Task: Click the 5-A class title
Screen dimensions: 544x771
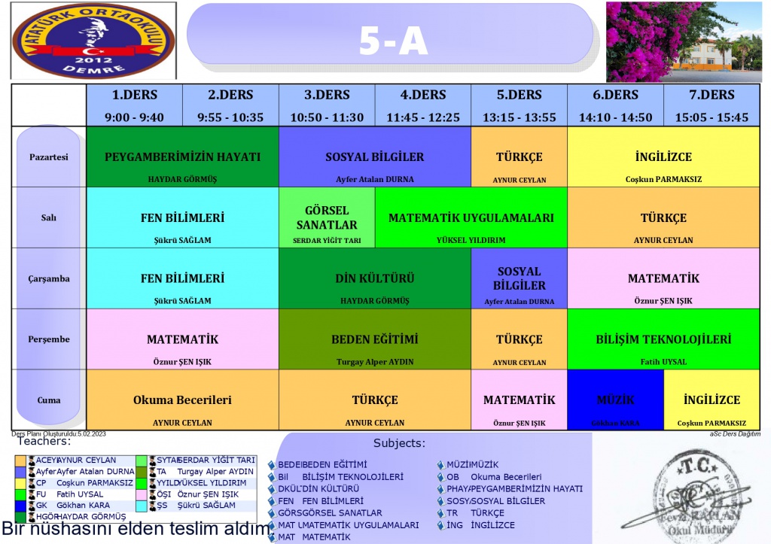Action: pyautogui.click(x=393, y=42)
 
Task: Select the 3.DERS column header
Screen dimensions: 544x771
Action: pyautogui.click(x=327, y=105)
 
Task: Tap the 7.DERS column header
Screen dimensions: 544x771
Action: pyautogui.click(x=712, y=105)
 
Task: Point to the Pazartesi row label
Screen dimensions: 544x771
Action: pyautogui.click(x=49, y=157)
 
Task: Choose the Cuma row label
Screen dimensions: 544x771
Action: pyautogui.click(x=49, y=400)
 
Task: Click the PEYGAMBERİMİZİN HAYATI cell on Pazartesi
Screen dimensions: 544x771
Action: pyautogui.click(x=183, y=157)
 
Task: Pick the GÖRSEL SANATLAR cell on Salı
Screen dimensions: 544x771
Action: pyautogui.click(x=327, y=218)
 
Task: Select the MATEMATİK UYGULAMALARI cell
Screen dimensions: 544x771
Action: pyautogui.click(x=471, y=218)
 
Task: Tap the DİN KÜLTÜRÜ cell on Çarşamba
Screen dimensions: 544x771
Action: pyautogui.click(x=375, y=278)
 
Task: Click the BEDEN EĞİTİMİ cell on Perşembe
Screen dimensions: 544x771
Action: pyautogui.click(x=375, y=339)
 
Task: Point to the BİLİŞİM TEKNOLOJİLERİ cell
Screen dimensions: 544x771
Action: pyautogui.click(x=663, y=339)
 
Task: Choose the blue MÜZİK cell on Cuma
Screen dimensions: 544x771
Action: pyautogui.click(x=615, y=400)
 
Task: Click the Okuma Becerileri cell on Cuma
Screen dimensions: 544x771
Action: pyautogui.click(x=183, y=400)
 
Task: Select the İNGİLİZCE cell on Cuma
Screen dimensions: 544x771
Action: pyautogui.click(x=712, y=400)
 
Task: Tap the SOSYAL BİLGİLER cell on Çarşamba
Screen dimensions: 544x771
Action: pyautogui.click(x=520, y=278)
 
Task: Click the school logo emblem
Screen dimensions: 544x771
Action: pyautogui.click(x=93, y=41)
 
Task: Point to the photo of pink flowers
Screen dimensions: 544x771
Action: pyautogui.click(x=684, y=41)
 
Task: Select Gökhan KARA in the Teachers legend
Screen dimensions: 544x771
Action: pyautogui.click(x=83, y=505)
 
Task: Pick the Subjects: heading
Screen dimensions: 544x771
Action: pyautogui.click(x=399, y=443)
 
